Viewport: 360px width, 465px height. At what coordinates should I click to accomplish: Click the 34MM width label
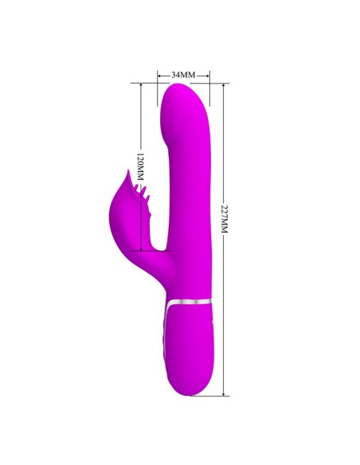point(183,74)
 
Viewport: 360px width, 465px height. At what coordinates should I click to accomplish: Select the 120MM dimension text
point(139,166)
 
